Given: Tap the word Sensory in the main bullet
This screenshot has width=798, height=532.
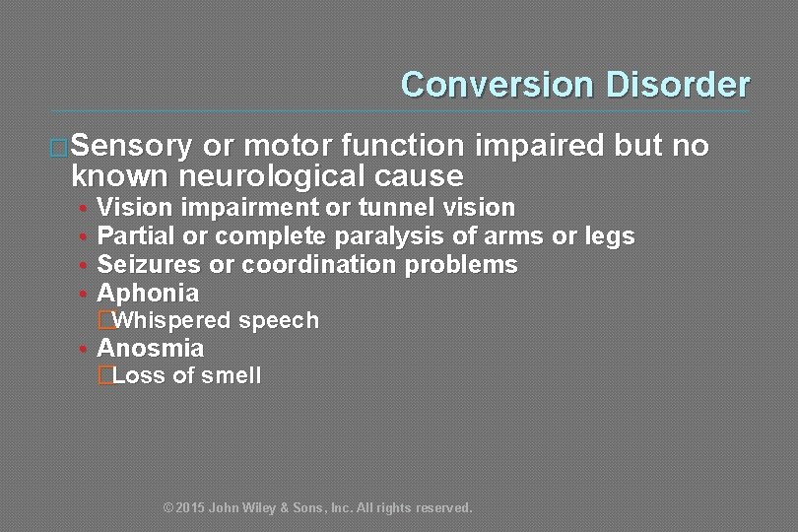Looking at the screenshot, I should coord(132,147).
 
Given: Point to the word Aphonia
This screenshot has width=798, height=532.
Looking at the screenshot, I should coord(148,294).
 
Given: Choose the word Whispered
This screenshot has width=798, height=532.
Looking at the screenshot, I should coord(163,321).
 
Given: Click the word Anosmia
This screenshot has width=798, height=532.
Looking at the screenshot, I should coord(151,349).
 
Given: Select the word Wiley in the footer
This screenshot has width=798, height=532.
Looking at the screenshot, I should coord(255,508).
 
